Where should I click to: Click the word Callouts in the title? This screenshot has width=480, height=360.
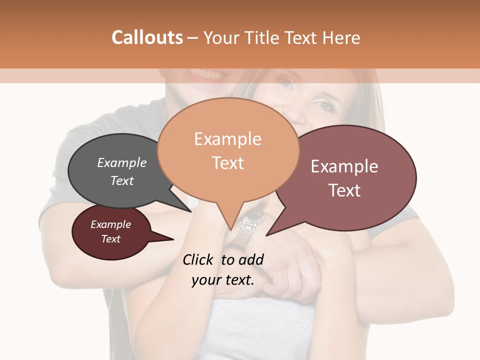coord(147,37)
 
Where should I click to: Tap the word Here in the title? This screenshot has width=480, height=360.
coord(341,37)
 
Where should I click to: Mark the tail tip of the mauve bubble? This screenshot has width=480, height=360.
coord(266,235)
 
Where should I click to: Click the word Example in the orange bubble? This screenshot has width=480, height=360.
coord(227,139)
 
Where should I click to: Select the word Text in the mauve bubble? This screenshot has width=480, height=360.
coord(344,190)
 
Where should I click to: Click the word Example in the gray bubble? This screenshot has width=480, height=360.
coord(122,162)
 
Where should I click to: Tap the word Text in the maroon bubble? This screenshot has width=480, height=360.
coord(111,239)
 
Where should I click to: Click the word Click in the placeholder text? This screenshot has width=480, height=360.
coord(198,259)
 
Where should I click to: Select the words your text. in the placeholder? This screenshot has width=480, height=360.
coord(223,280)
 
